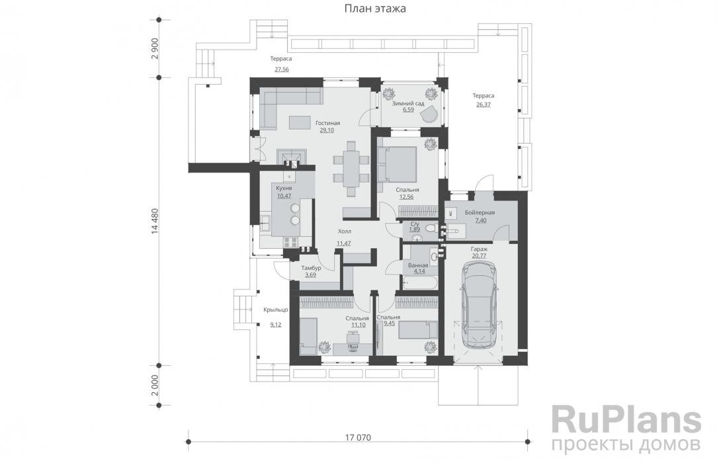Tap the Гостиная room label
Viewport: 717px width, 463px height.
tap(327, 123)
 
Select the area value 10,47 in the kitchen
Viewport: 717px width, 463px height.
tap(284, 196)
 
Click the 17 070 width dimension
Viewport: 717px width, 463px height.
tap(358, 438)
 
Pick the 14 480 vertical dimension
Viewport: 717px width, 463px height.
tap(155, 222)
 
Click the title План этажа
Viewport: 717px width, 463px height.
tap(374, 9)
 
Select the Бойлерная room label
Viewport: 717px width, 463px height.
tap(480, 212)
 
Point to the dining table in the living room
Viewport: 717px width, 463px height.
tap(351, 169)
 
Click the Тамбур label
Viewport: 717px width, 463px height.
tap(311, 268)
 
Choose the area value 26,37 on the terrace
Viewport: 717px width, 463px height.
tap(484, 105)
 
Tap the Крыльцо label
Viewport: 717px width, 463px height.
tap(275, 310)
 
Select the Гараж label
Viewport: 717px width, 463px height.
tap(480, 249)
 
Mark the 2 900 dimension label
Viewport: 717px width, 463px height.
tap(155, 48)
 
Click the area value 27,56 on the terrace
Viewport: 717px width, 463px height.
tap(281, 69)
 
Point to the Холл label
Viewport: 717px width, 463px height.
tap(345, 232)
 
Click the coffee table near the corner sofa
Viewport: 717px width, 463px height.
tap(300, 122)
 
